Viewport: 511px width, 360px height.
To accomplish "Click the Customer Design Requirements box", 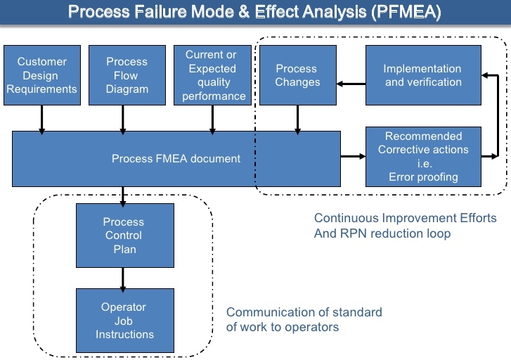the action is (42, 75).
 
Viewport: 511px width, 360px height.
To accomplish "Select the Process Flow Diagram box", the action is (127, 75).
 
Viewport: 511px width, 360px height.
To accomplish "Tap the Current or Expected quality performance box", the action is (212, 75).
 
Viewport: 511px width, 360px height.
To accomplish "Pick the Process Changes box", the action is (298, 75).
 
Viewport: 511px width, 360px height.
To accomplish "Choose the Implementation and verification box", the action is (423, 75).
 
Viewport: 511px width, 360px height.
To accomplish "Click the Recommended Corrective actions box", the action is (423, 157).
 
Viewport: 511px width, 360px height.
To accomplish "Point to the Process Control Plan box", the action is (125, 236).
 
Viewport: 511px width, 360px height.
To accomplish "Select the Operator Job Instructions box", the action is (125, 321).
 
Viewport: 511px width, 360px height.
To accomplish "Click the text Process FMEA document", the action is (176, 158).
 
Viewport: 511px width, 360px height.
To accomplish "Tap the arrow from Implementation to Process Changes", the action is (351, 84).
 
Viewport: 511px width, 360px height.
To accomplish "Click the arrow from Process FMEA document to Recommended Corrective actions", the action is (353, 156).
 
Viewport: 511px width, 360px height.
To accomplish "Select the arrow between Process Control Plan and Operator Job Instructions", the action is (123, 280).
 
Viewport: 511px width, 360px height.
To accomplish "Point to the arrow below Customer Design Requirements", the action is (41, 120).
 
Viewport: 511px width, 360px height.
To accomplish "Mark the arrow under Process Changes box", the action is (297, 120).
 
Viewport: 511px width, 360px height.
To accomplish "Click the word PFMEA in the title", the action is (406, 12).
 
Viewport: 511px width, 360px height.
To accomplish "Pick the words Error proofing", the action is (423, 177).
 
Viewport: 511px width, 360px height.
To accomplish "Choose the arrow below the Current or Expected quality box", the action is (212, 120).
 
